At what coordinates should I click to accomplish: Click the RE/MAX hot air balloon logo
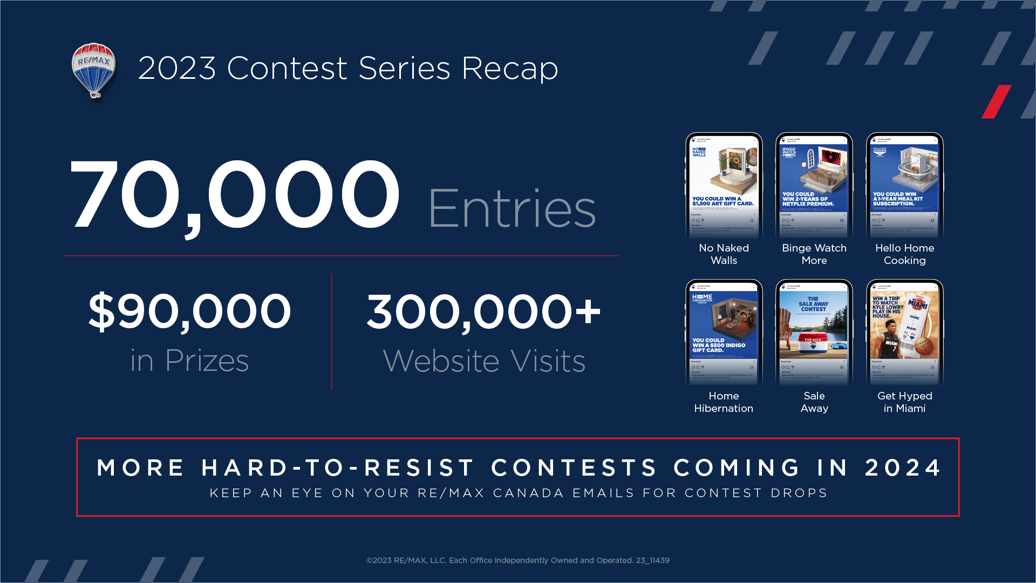point(94,70)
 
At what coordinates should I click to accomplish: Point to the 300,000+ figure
point(483,311)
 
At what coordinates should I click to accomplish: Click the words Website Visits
point(484,361)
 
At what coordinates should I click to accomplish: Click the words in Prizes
point(189,361)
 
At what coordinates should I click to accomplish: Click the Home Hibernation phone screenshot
point(724,332)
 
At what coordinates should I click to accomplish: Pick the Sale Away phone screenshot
point(814,332)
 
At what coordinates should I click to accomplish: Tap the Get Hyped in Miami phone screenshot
point(905,332)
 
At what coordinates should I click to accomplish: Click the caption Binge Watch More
point(814,254)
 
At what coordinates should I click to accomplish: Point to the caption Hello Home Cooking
point(905,254)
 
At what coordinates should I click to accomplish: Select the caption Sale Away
point(814,402)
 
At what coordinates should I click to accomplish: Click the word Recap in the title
point(509,69)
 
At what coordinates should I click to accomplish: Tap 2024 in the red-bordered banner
point(903,467)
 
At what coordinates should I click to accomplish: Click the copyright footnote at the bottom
point(517,560)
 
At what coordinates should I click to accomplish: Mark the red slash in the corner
point(996,101)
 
